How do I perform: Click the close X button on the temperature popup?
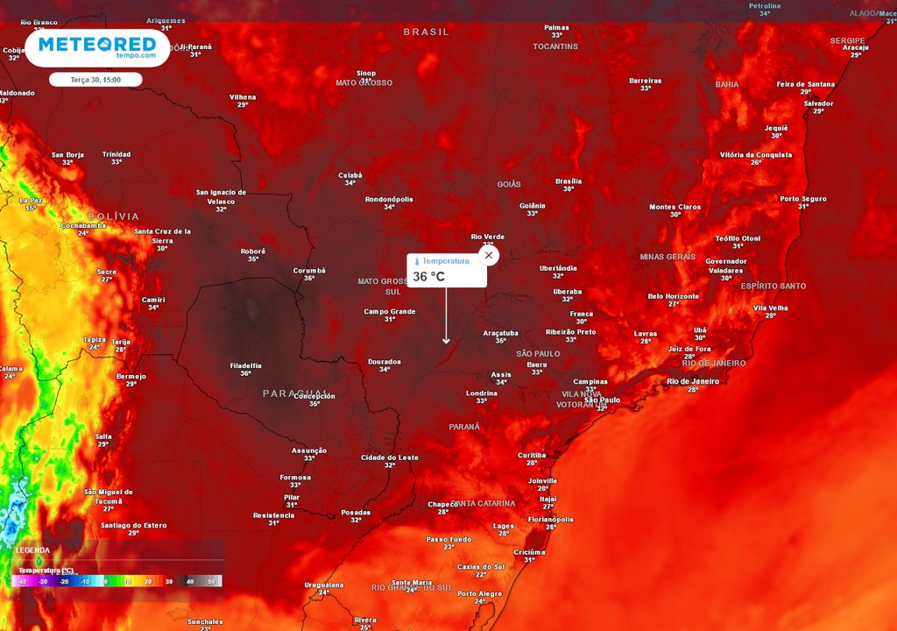point(489,255)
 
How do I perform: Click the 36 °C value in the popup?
point(429,277)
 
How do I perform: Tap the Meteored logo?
point(97,47)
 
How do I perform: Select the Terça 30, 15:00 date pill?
point(96,80)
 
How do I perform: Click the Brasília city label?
point(569,181)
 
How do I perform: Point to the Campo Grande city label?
point(390,311)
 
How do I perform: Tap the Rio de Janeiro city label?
point(693,381)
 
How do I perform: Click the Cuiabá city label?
point(350,175)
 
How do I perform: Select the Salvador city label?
point(818,103)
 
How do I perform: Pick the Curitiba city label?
point(532,456)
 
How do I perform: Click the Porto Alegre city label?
point(480,593)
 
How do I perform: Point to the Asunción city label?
point(309,450)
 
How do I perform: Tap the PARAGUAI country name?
point(295,393)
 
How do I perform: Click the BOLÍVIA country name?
point(114,216)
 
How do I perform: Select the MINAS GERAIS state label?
point(667,257)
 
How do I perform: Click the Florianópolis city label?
point(551,519)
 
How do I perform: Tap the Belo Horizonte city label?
point(674,296)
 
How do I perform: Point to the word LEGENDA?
point(32,550)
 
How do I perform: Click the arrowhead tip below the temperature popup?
point(446,343)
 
